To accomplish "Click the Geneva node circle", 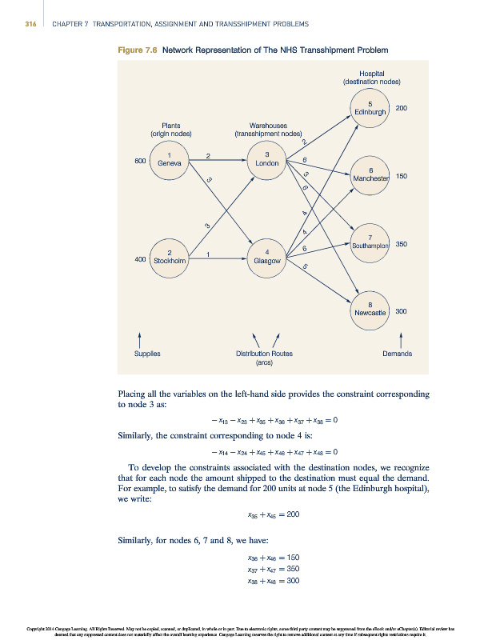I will click(x=169, y=159).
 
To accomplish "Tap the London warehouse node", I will click(x=266, y=159).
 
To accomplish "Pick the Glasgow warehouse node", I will click(x=266, y=257).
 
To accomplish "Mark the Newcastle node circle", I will click(x=370, y=308).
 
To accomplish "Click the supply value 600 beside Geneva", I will click(x=140, y=161).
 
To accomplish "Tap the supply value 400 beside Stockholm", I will click(x=140, y=259).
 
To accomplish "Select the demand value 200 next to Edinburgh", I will click(x=402, y=108).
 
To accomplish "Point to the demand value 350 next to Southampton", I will click(x=402, y=243).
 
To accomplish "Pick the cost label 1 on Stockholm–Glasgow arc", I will click(x=208, y=254).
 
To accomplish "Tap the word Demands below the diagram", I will click(x=398, y=353).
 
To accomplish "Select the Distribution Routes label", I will click(x=264, y=353).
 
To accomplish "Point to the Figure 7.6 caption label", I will click(x=137, y=50).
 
